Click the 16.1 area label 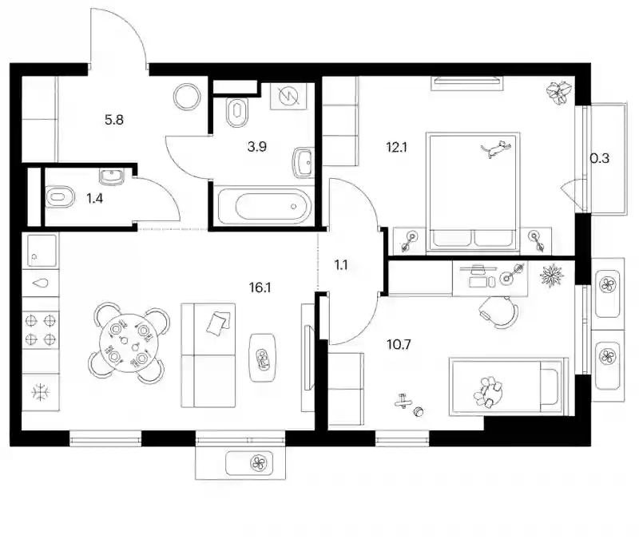(260, 288)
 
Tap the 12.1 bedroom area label (396, 147)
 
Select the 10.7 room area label (399, 345)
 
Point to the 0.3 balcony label (600, 158)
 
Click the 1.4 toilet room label (94, 198)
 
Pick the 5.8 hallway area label (114, 120)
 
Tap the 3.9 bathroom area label (256, 146)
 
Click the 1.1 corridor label (341, 265)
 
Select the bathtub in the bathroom (264, 207)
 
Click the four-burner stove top (41, 330)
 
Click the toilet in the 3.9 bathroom (237, 112)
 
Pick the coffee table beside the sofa (264, 358)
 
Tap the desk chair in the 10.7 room (498, 312)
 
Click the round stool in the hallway (187, 97)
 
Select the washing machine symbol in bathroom (288, 96)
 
